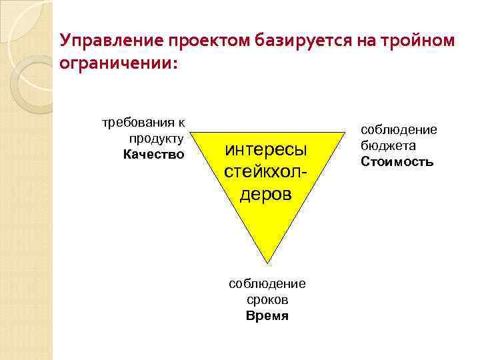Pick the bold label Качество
[153, 154]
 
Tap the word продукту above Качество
[157, 138]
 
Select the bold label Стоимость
[397, 161]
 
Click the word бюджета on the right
[387, 145]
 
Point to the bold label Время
[267, 315]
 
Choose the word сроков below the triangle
[267, 300]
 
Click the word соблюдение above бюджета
[399, 130]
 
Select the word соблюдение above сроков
[267, 284]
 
